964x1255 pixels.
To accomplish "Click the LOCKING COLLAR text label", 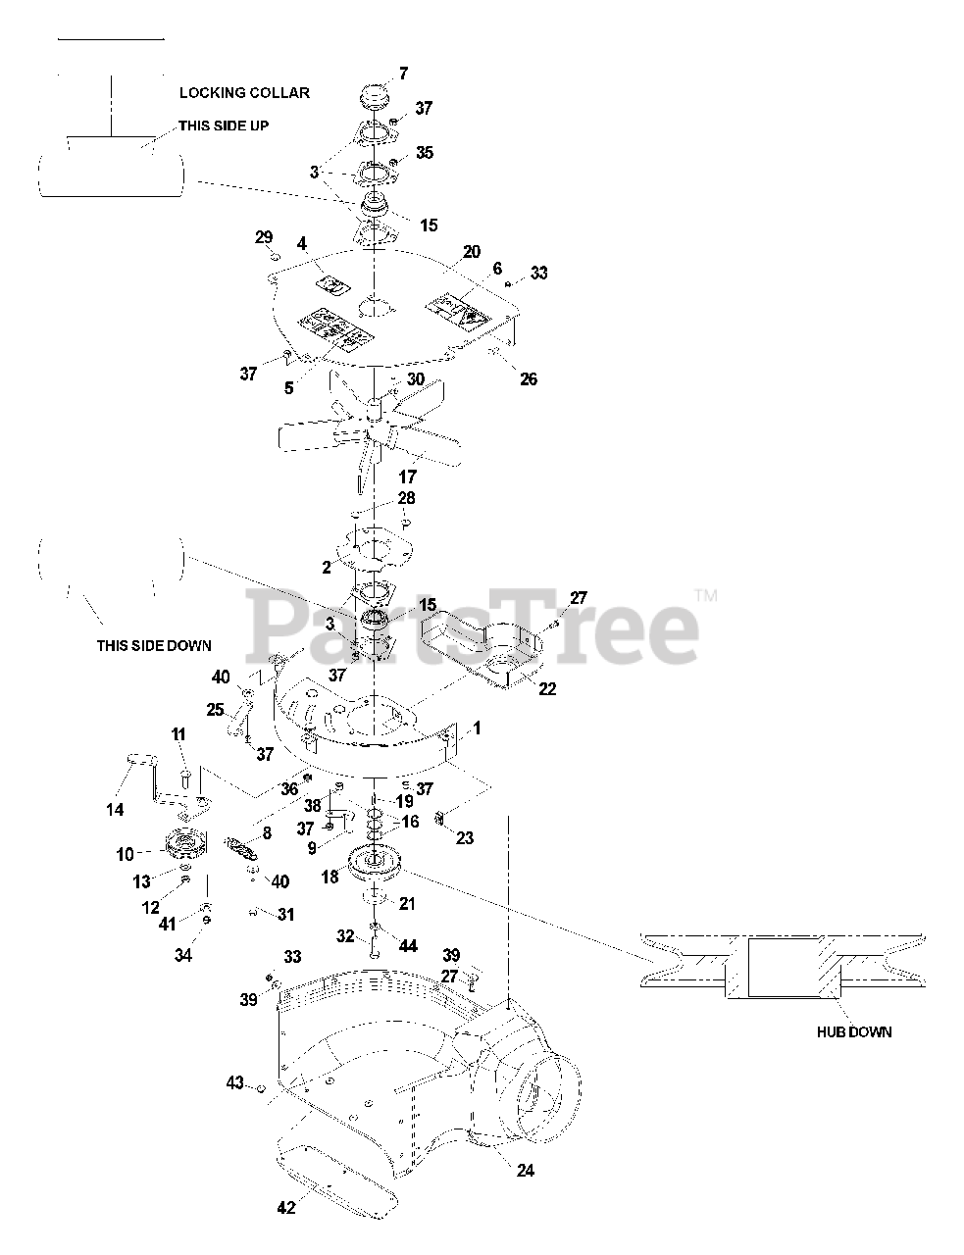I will point(244,93).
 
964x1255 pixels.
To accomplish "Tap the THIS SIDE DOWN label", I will point(153,646).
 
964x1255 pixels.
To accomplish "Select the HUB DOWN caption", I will point(854,1032).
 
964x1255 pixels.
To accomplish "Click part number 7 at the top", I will point(403,74).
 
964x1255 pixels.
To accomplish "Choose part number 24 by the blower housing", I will point(526,1171).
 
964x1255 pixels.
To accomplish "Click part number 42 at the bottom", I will point(285,1209).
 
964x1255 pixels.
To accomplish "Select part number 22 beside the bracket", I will point(547,689).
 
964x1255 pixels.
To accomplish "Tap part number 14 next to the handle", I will point(116,810).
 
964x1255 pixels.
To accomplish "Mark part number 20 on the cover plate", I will point(472,252).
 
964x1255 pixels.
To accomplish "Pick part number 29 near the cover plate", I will point(264,237).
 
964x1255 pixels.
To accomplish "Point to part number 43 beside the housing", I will point(234,1082).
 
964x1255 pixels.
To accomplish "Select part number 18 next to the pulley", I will point(330,878).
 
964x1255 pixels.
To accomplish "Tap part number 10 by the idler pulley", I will point(126,855).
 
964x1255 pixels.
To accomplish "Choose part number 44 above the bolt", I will point(408,946).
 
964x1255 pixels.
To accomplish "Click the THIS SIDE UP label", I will point(223,125).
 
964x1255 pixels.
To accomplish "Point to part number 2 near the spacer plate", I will point(327,567).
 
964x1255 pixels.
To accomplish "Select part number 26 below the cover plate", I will point(529,379).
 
